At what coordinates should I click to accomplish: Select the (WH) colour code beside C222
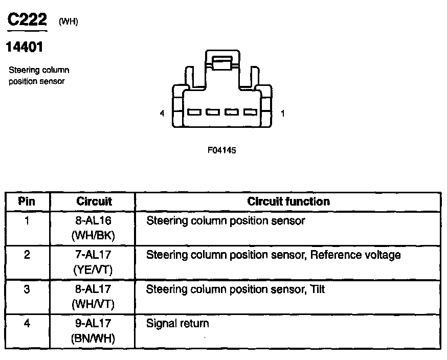tap(69, 21)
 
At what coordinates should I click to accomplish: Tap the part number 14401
tap(25, 48)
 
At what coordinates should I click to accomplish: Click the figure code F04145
tap(221, 150)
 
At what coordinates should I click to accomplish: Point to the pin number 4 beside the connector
tap(162, 114)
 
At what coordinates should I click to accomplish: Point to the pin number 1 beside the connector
tap(283, 114)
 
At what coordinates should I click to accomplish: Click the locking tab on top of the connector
tap(222, 63)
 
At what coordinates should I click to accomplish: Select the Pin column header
tap(27, 201)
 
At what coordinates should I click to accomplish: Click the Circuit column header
tap(94, 201)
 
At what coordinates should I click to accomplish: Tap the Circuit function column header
tap(288, 201)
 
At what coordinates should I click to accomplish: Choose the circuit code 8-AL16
tap(94, 221)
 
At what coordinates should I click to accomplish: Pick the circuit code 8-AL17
tap(94, 290)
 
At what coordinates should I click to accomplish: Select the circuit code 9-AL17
tap(94, 323)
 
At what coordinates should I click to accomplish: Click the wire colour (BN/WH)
tap(94, 338)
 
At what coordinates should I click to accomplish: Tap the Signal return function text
tap(177, 323)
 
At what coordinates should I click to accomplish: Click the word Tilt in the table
tap(317, 289)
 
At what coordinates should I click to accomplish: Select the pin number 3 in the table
tap(27, 289)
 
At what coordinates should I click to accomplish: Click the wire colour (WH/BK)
tap(94, 236)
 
